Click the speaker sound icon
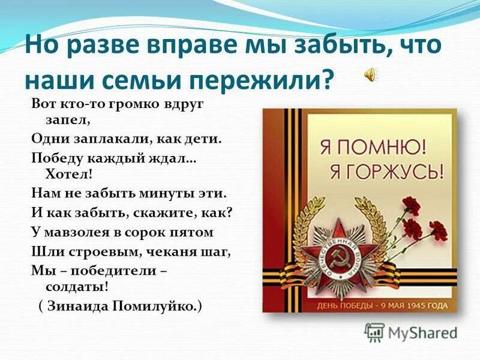(x=371, y=74)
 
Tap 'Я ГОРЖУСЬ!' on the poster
(x=385, y=172)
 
